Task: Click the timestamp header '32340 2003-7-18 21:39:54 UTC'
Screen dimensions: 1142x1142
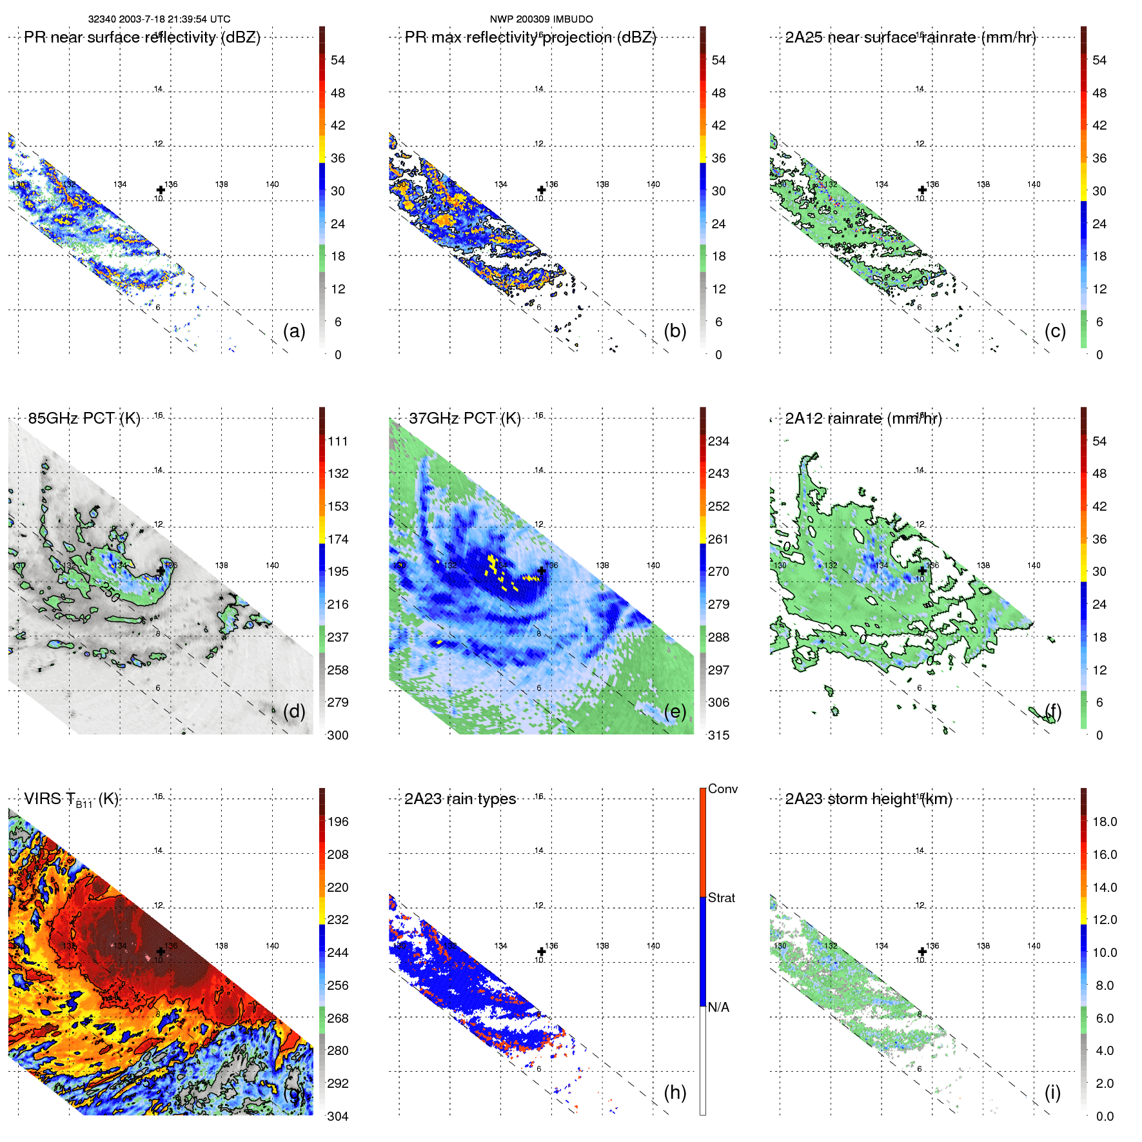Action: [159, 19]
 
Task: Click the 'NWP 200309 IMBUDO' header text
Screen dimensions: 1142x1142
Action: [541, 19]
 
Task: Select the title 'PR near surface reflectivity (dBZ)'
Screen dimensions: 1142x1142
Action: [142, 37]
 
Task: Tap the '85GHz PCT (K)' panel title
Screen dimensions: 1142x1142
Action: [84, 418]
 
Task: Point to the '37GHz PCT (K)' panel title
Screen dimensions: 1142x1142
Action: [464, 418]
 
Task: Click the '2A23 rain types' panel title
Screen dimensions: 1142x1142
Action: [460, 799]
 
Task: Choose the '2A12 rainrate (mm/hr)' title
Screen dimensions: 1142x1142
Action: [863, 418]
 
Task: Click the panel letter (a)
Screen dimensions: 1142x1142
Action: [294, 331]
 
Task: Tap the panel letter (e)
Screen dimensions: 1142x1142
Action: [674, 711]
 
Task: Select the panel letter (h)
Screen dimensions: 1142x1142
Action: [674, 1092]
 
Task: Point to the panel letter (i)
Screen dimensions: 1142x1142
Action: [1052, 1092]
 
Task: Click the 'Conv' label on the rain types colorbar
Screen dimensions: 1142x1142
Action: [722, 789]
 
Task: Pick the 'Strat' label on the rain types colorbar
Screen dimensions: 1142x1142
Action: [721, 898]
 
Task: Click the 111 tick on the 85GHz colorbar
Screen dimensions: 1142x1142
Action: [338, 442]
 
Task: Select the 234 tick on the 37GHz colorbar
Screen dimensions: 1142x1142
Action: [718, 442]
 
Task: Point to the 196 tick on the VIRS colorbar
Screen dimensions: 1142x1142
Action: [338, 822]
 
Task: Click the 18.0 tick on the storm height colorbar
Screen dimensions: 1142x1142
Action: [1104, 822]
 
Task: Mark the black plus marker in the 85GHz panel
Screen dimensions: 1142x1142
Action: [161, 571]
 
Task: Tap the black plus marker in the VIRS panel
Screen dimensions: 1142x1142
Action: [161, 951]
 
